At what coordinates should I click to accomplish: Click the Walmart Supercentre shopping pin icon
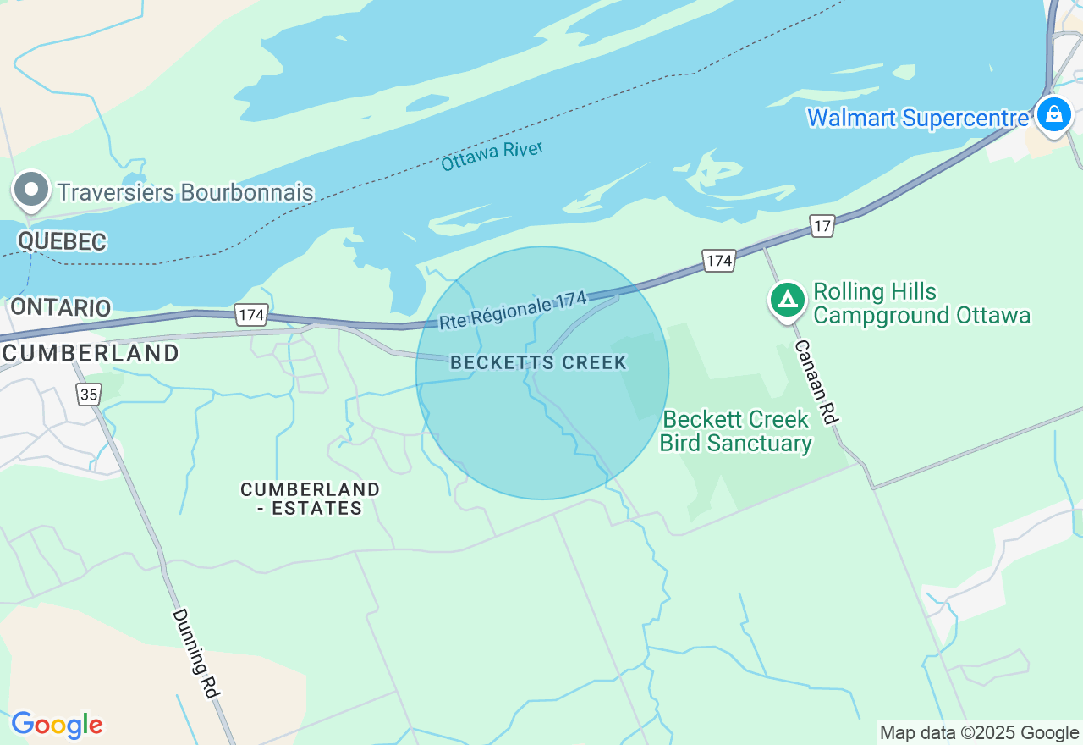(x=1053, y=113)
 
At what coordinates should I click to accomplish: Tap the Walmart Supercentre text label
(x=918, y=118)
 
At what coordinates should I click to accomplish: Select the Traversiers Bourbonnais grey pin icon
(x=31, y=190)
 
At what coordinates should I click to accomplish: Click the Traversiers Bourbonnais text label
(x=185, y=193)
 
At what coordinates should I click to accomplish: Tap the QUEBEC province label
(x=62, y=241)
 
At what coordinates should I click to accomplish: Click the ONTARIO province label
(x=61, y=306)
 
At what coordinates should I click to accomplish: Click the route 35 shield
(x=88, y=394)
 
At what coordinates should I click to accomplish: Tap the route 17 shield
(x=822, y=226)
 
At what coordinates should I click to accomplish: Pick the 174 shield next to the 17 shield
(x=719, y=260)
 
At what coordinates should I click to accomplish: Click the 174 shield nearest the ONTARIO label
(x=252, y=315)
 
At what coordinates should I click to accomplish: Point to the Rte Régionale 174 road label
(x=513, y=311)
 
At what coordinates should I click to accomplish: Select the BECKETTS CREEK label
(x=539, y=363)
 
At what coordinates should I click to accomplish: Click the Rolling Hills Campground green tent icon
(x=788, y=300)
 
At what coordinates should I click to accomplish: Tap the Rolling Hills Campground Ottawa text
(x=921, y=304)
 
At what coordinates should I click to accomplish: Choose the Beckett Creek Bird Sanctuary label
(x=735, y=431)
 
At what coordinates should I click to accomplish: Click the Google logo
(x=57, y=725)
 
